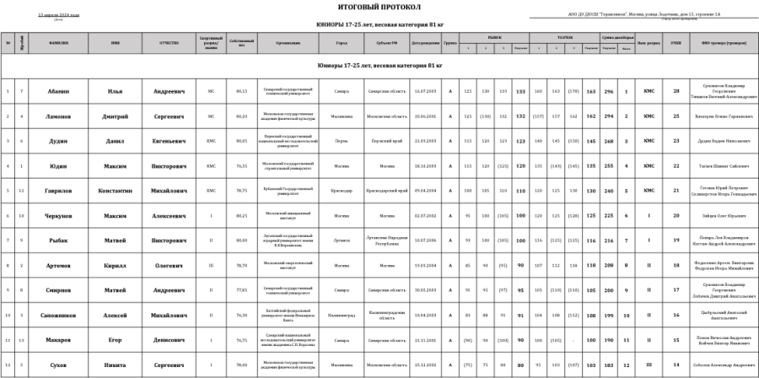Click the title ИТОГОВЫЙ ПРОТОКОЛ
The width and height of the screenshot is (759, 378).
tap(379, 7)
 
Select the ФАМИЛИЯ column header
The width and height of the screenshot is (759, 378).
tap(58, 43)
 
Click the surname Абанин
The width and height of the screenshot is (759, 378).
tap(58, 91)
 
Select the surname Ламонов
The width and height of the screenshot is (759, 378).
tap(58, 116)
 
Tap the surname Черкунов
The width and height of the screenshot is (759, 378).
tap(58, 215)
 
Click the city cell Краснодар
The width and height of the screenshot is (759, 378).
tap(342, 191)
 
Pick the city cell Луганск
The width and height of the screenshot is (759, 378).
tap(342, 240)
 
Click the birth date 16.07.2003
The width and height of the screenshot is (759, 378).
tap(423, 91)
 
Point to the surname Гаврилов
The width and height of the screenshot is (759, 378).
tap(58, 191)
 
